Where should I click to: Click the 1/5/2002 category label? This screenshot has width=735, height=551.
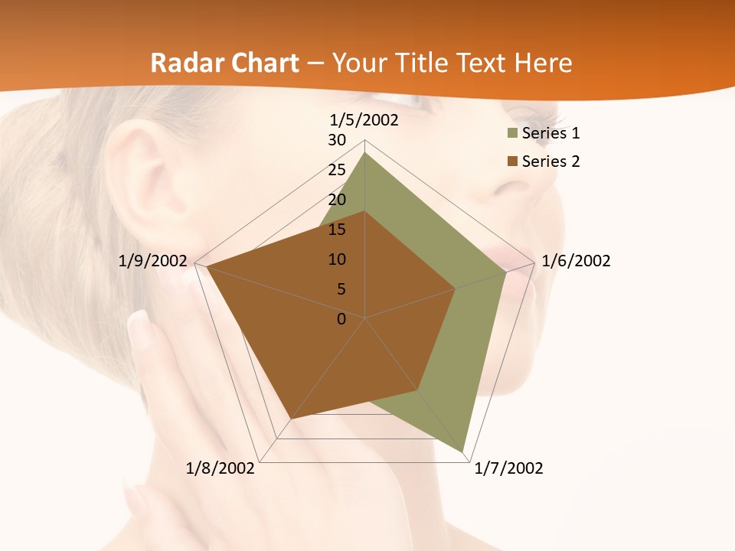tap(364, 120)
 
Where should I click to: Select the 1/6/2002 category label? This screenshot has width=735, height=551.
tap(576, 261)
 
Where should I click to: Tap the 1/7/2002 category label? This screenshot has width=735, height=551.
tap(508, 468)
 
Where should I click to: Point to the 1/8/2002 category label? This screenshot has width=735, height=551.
tap(220, 468)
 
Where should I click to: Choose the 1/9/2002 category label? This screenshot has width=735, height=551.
tap(152, 261)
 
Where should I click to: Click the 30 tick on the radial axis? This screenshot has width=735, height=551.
tap(337, 140)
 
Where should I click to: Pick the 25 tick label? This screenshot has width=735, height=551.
tap(337, 170)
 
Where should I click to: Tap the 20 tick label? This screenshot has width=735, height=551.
tap(337, 200)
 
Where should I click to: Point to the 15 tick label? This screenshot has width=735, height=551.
tap(337, 230)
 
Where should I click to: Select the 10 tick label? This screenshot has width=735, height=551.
tap(337, 259)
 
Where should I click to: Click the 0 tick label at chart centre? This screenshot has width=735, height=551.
tap(341, 319)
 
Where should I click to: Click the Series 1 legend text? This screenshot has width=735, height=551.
tap(550, 133)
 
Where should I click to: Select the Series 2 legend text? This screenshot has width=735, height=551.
tap(550, 161)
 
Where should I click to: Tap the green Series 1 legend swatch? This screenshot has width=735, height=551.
tap(512, 134)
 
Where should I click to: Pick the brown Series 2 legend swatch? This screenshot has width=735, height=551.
tap(512, 161)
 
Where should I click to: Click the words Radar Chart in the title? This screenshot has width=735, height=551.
tap(224, 63)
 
